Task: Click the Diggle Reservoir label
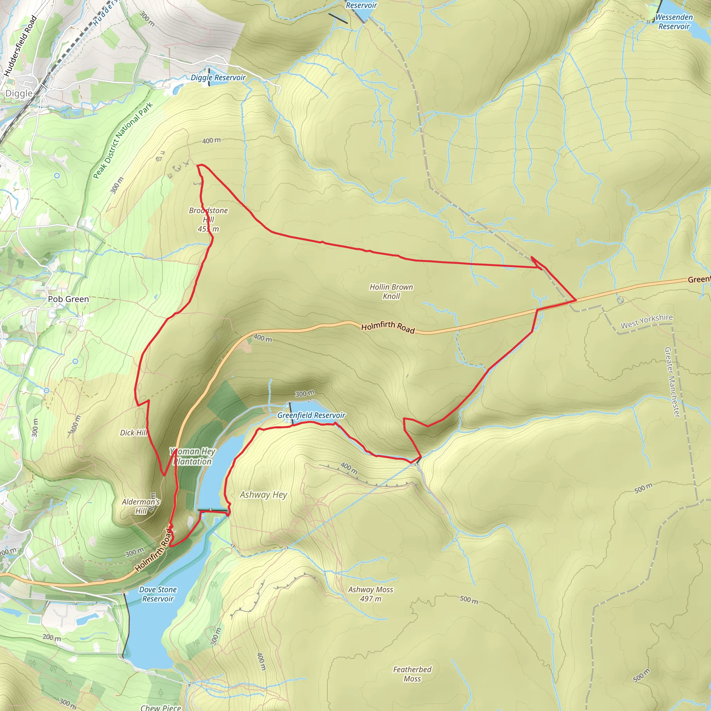(218, 78)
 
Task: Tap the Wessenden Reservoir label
(674, 22)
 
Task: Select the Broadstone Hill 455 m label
(208, 220)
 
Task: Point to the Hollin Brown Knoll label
(391, 292)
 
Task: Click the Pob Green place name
(68, 299)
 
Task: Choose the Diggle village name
(19, 93)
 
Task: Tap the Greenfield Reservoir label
(311, 416)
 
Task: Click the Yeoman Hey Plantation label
(192, 456)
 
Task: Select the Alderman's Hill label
(141, 507)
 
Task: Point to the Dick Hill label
(133, 433)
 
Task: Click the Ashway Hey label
(264, 495)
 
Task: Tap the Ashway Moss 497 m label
(370, 594)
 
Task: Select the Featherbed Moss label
(412, 674)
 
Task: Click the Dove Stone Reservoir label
(158, 594)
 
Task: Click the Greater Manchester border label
(672, 382)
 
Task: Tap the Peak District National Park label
(123, 141)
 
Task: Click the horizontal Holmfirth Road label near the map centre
(388, 327)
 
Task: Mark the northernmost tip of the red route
(199, 165)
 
